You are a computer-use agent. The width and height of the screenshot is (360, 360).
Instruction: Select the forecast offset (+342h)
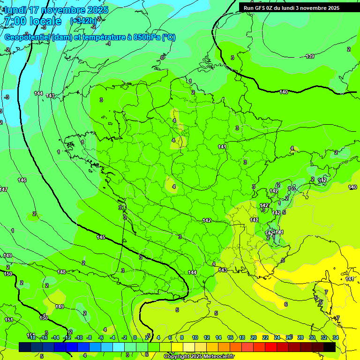click(83, 21)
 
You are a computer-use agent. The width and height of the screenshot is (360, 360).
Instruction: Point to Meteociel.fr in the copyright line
click(215, 356)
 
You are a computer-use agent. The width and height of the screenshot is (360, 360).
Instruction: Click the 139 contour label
click(310, 56)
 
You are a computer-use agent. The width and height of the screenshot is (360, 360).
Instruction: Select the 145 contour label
click(101, 237)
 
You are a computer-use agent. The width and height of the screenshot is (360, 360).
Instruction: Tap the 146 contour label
click(22, 180)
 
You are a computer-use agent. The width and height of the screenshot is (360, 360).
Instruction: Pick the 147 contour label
click(4, 189)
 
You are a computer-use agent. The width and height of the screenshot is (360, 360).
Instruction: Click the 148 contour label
click(61, 272)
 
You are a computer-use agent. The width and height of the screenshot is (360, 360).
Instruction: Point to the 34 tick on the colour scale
click(335, 337)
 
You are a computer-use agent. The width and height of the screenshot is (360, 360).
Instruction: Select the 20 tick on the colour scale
click(253, 337)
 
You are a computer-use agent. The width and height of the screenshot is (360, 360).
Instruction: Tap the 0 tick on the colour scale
click(135, 337)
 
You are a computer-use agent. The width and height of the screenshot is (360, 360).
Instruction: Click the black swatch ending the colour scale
click(330, 347)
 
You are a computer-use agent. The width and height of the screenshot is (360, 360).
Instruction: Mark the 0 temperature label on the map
click(163, 57)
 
